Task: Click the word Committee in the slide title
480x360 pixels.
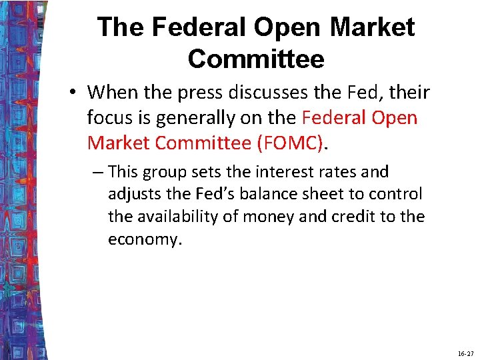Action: (x=256, y=59)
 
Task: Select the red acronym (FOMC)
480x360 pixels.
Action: (x=291, y=143)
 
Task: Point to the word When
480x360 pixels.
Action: (x=112, y=91)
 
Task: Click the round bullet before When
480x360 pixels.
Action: (x=73, y=93)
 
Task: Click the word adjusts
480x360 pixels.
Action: (x=133, y=194)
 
